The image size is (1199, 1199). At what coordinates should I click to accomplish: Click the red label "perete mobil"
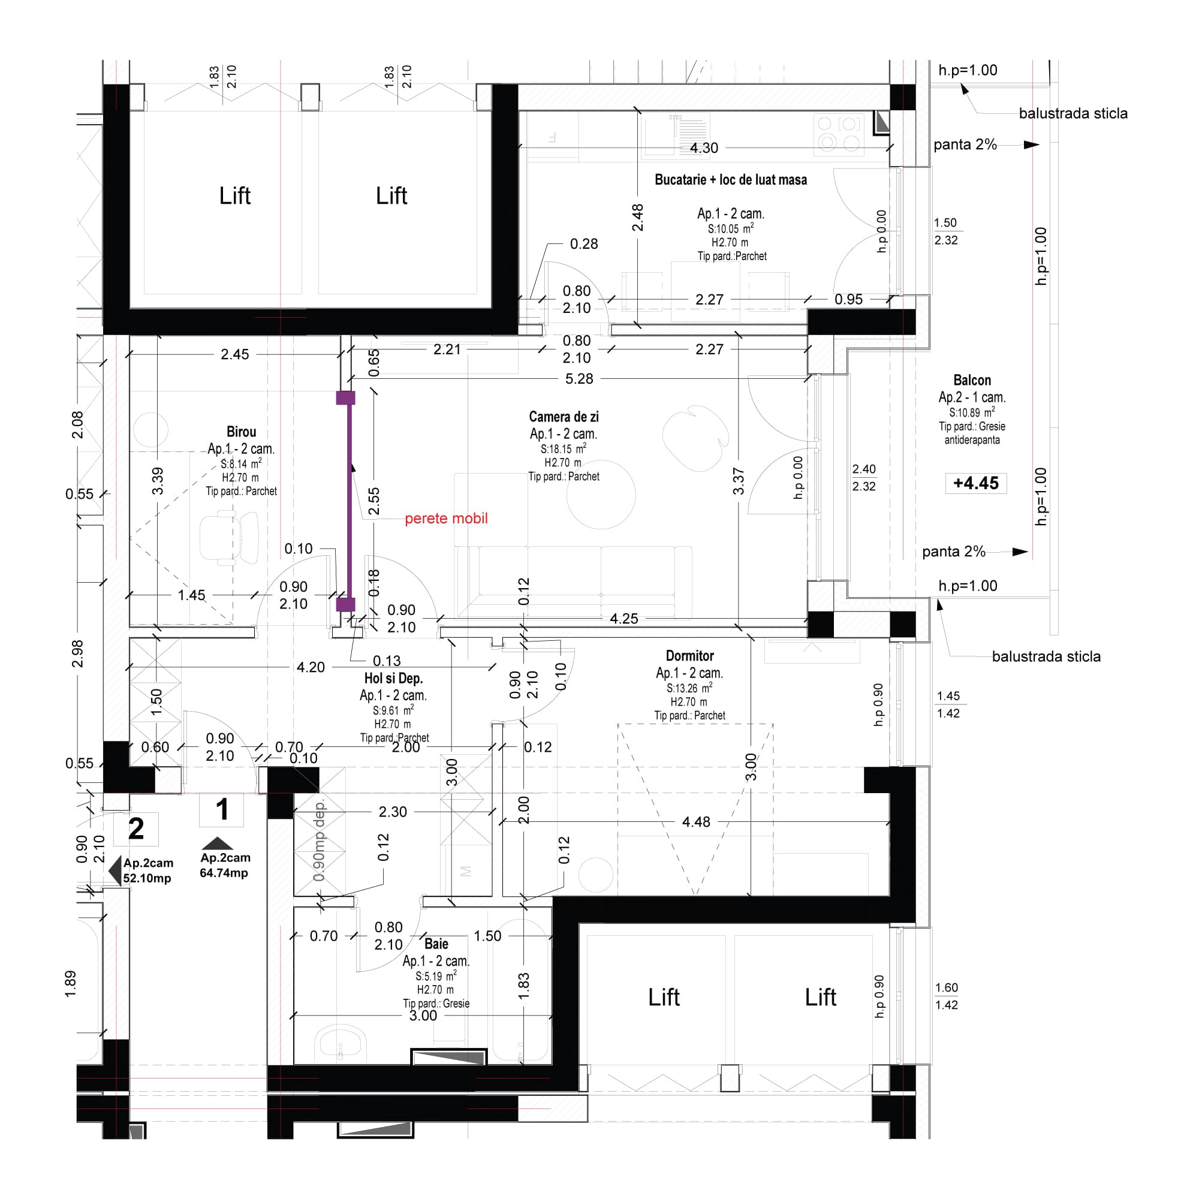click(x=445, y=518)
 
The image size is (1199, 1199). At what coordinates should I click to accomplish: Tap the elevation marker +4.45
click(x=975, y=483)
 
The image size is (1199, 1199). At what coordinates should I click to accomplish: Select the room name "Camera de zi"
click(x=564, y=417)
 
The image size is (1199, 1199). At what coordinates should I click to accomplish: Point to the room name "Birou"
click(x=241, y=432)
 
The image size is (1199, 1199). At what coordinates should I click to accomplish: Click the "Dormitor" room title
click(x=689, y=656)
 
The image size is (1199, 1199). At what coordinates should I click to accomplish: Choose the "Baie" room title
click(x=436, y=944)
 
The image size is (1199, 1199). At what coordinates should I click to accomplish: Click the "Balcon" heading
click(x=972, y=381)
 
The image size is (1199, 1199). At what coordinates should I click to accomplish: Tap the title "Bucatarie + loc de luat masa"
click(x=730, y=180)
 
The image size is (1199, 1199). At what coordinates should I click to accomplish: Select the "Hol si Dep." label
click(x=393, y=678)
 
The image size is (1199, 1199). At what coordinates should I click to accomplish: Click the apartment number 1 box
click(x=222, y=810)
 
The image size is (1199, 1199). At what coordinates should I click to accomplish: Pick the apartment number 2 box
click(x=136, y=829)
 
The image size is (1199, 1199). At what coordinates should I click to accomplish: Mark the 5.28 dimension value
click(x=579, y=378)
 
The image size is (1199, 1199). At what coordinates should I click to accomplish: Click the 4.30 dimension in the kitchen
click(x=704, y=148)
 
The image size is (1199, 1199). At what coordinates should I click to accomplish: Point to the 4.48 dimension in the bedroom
click(x=695, y=822)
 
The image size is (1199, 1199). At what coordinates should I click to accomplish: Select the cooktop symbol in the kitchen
click(x=839, y=134)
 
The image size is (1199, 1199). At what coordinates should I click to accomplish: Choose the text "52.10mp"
click(x=147, y=878)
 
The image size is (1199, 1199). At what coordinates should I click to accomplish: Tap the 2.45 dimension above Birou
click(x=234, y=354)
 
